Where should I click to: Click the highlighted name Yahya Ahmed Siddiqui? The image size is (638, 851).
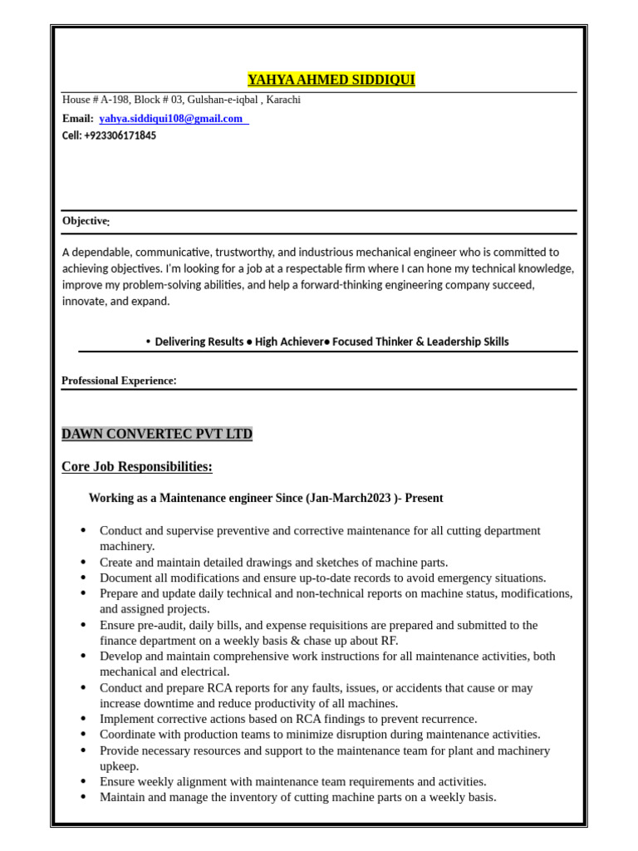331,80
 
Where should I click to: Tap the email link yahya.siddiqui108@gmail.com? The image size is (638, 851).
170,119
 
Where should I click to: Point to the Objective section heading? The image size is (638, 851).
85,221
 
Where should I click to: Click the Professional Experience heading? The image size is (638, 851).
119,381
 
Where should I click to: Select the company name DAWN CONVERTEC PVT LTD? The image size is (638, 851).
156,434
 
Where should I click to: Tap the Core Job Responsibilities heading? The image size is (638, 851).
136,467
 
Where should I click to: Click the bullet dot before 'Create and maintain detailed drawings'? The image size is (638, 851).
83,562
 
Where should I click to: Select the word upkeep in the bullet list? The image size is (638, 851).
120,766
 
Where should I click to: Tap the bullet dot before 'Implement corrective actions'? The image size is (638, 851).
83,719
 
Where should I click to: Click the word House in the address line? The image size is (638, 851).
76,100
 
